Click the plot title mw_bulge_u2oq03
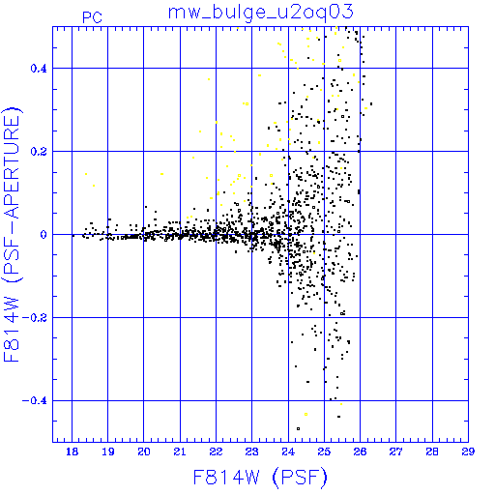pos(261,13)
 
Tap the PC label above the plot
pos(93,17)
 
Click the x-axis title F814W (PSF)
pos(260,478)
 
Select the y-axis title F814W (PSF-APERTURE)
pos(12,234)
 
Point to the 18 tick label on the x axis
pos(72,451)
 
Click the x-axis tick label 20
pos(144,451)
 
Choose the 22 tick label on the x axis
pos(216,451)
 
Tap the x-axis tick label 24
pos(288,451)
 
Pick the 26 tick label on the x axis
pos(360,451)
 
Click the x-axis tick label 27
pos(395,451)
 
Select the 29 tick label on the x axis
pos(468,451)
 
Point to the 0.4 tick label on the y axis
pos(39,69)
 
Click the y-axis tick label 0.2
pos(39,152)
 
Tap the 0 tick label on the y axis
pos(44,235)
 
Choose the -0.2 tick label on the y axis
pos(34,318)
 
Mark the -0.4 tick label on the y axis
pos(34,401)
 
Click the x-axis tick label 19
pos(108,451)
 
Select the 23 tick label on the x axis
pos(251,451)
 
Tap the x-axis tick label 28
pos(432,451)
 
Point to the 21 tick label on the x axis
pos(180,451)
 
